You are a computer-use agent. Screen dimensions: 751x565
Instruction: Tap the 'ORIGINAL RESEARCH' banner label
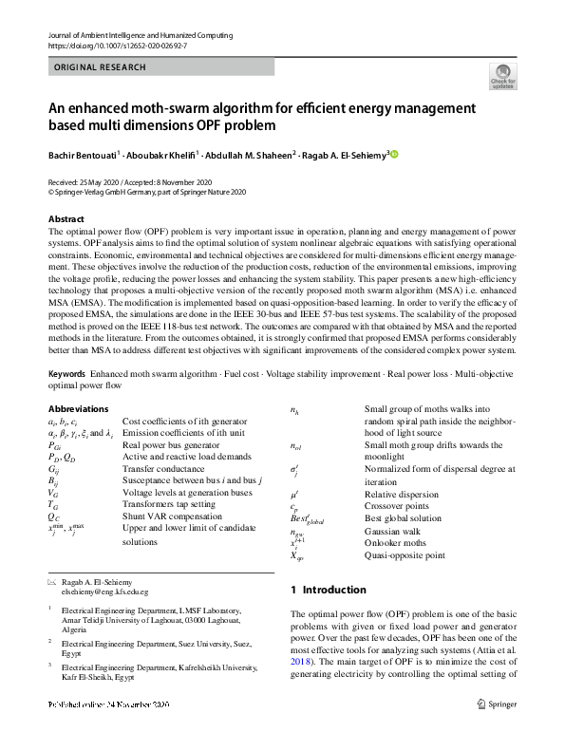click(x=101, y=68)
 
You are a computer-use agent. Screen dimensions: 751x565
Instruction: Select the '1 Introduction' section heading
click(x=327, y=590)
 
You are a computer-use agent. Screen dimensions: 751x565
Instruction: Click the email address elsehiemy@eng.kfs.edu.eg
click(x=101, y=591)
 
